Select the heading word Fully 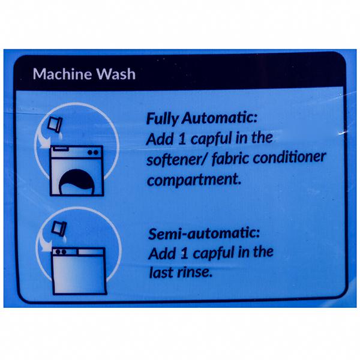coord(162,119)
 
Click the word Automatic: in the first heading coord(220,118)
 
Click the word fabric coord(230,158)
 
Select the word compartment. coord(194,179)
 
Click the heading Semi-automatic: coord(204,233)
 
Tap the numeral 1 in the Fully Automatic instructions coord(182,139)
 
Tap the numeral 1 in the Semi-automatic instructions coord(184,254)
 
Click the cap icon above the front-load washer coord(55,124)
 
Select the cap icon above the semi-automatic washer coord(59,229)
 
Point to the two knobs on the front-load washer coord(93,152)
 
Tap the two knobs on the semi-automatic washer coord(61,252)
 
